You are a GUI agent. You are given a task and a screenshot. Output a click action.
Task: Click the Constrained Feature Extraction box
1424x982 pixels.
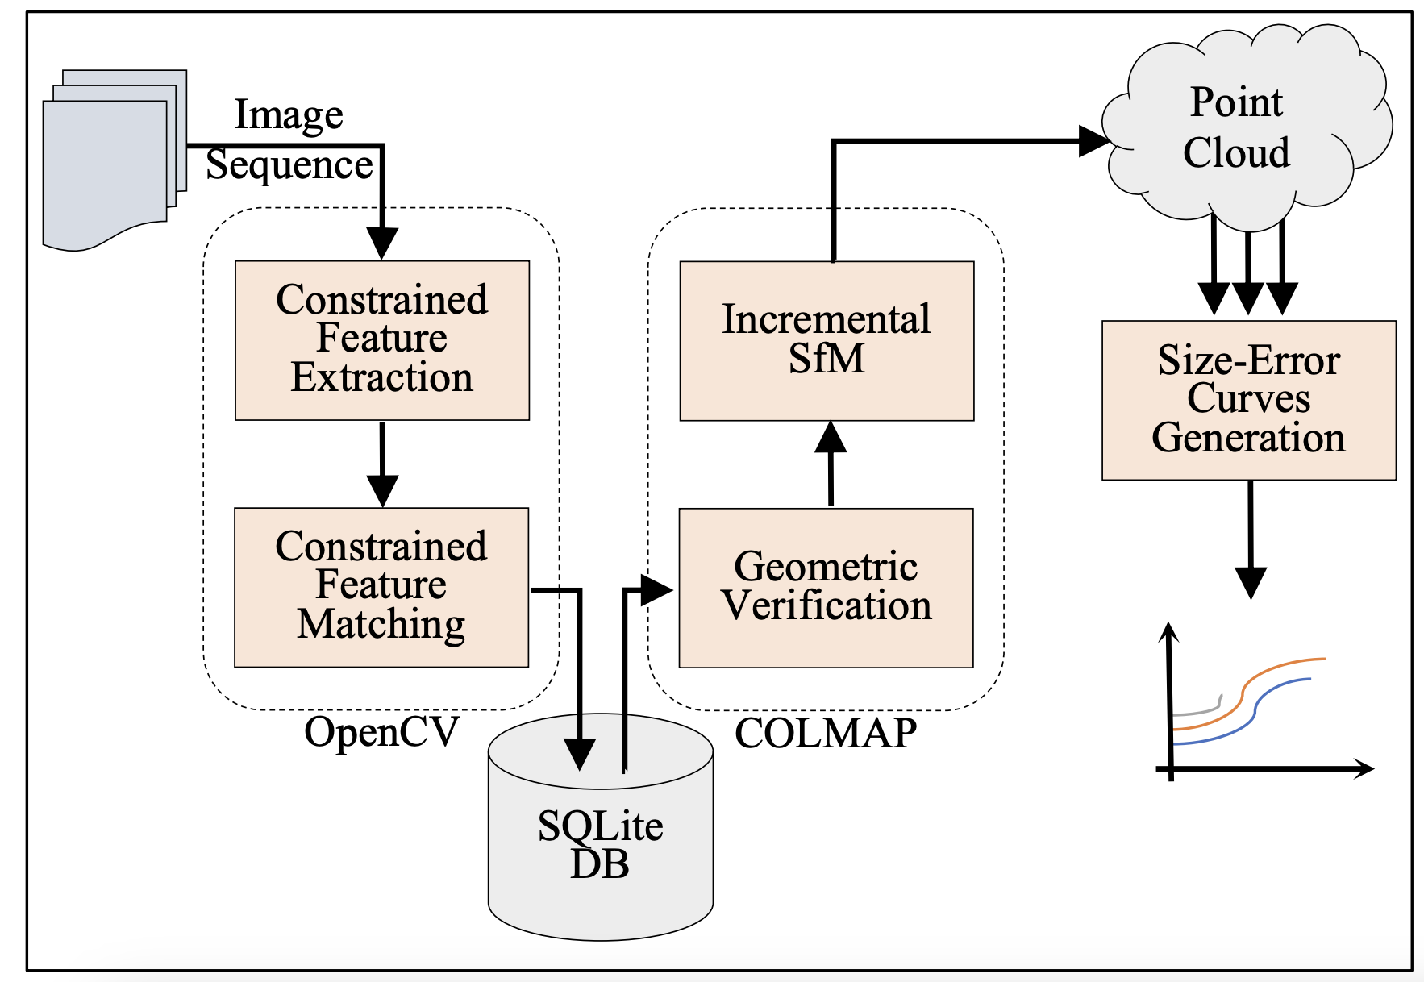click(x=381, y=339)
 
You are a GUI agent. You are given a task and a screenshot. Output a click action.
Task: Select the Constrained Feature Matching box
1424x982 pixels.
click(x=381, y=586)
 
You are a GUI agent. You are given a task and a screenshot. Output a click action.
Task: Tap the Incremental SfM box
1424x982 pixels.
click(x=827, y=339)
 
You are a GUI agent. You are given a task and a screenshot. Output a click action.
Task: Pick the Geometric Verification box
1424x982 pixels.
click(x=826, y=587)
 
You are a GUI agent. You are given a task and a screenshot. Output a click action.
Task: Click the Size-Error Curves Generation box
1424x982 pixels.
click(x=1248, y=400)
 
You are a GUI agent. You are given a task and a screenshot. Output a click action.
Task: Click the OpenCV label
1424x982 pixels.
click(x=381, y=732)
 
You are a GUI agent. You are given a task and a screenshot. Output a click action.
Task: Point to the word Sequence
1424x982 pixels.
click(x=289, y=165)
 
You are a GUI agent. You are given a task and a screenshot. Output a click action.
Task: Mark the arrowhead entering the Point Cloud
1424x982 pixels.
click(x=1095, y=141)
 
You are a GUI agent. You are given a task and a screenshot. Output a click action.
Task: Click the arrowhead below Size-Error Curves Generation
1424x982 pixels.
click(x=1251, y=582)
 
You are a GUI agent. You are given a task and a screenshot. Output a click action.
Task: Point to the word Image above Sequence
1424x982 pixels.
click(x=289, y=114)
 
